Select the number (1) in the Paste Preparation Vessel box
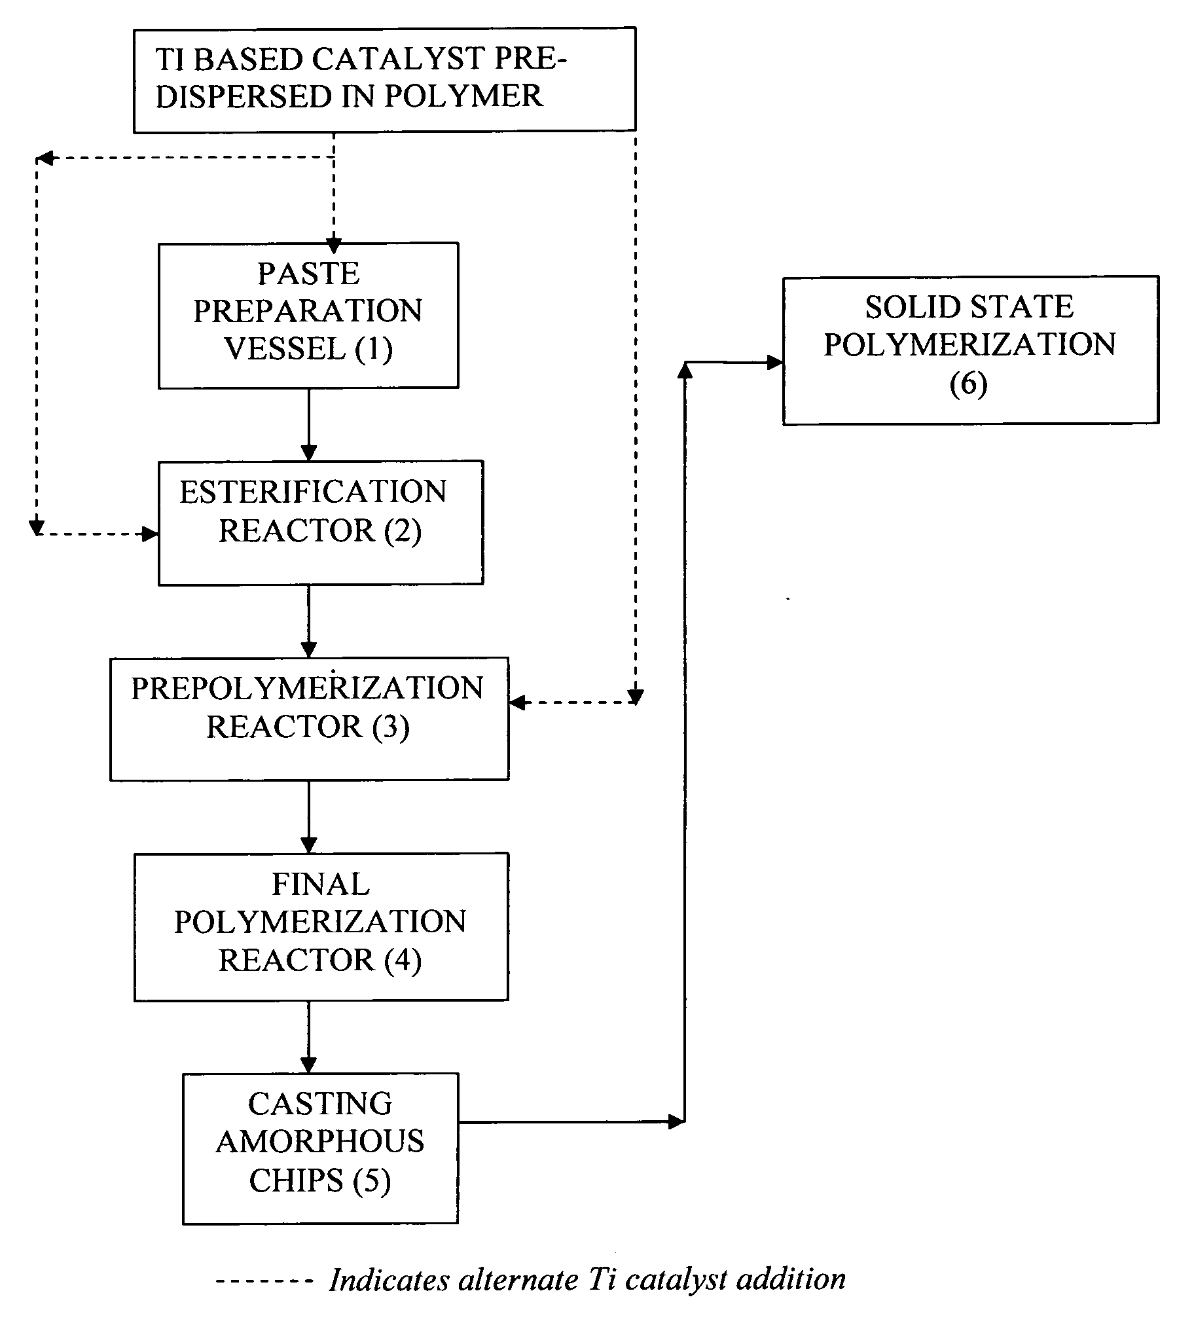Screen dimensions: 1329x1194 tap(374, 348)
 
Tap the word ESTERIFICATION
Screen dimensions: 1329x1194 tap(313, 492)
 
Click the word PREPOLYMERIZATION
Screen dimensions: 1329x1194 tap(307, 688)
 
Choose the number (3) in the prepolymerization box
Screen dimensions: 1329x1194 tap(391, 726)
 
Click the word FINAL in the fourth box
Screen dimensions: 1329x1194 tap(321, 884)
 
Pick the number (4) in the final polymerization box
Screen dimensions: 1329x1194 tap(403, 960)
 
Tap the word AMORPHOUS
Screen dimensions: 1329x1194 tap(319, 1141)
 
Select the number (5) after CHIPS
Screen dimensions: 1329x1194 tap(371, 1180)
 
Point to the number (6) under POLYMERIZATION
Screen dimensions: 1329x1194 tap(968, 383)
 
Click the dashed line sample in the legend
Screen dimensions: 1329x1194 tap(264, 1280)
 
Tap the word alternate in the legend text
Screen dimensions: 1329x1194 tap(518, 1279)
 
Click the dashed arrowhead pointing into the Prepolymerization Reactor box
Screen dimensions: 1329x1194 tap(518, 702)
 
